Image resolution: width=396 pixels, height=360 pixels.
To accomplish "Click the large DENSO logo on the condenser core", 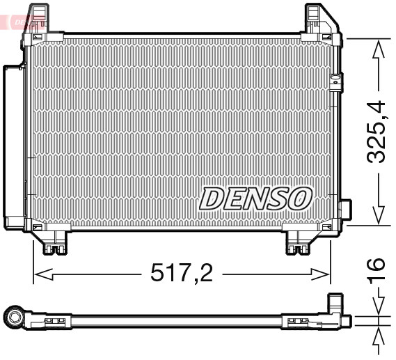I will [255, 198].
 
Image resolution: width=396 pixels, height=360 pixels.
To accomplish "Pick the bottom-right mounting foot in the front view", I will [301, 241].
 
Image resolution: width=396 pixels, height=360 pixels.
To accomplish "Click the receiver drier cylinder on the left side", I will [13, 147].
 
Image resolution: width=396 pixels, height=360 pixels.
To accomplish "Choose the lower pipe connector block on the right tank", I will [345, 211].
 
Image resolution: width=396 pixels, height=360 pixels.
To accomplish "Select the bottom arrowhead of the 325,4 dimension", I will [378, 216].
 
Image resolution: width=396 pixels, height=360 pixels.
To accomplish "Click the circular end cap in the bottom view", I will [15, 320].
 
